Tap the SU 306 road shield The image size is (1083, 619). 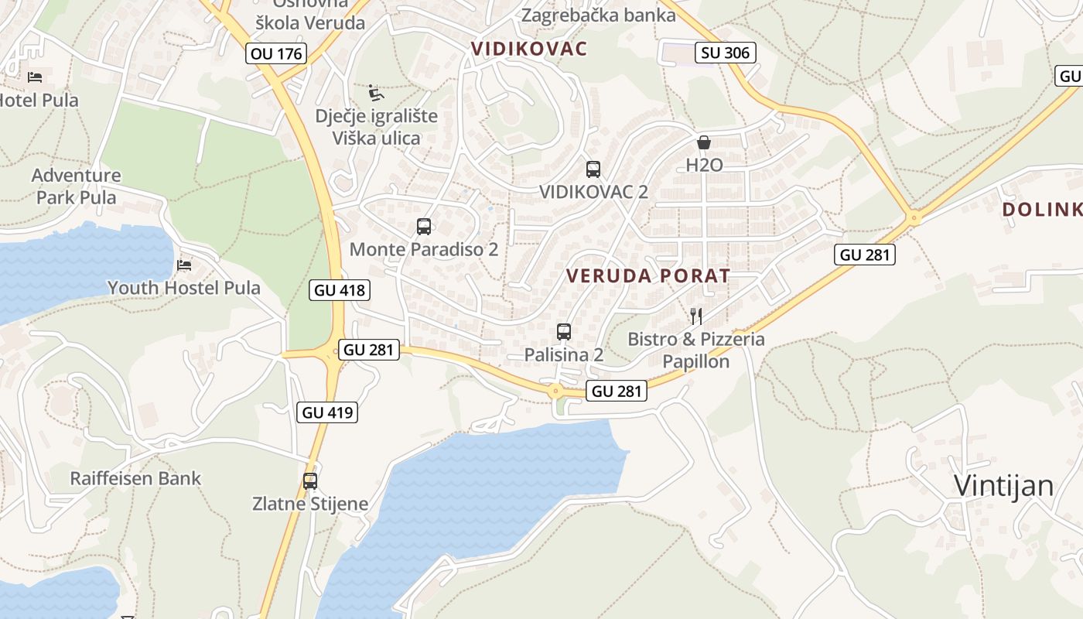pos(725,53)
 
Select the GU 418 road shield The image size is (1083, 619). pos(340,290)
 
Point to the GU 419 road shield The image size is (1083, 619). pos(328,412)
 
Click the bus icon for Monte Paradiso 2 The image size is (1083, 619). pos(424,227)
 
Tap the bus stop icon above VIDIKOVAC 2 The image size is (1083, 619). pos(593,169)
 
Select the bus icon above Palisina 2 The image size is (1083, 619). pos(564,332)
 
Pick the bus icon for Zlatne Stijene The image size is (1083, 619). pos(310,480)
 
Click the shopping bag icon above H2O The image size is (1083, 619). pos(704,142)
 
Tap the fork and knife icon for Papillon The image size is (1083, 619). pos(696,316)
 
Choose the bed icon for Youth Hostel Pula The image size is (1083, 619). pos(184,265)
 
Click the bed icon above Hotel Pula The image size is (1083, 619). pos(35,77)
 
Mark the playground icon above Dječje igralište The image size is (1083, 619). pos(376,94)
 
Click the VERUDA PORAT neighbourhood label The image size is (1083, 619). pos(648,275)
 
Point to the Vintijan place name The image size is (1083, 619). pos(1003,486)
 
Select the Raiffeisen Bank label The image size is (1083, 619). pos(135,478)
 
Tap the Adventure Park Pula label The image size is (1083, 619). pos(77,186)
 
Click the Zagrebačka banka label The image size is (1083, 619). pos(588,15)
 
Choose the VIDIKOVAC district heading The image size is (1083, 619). pos(529,49)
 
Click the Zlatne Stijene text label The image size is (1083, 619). pos(310,504)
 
